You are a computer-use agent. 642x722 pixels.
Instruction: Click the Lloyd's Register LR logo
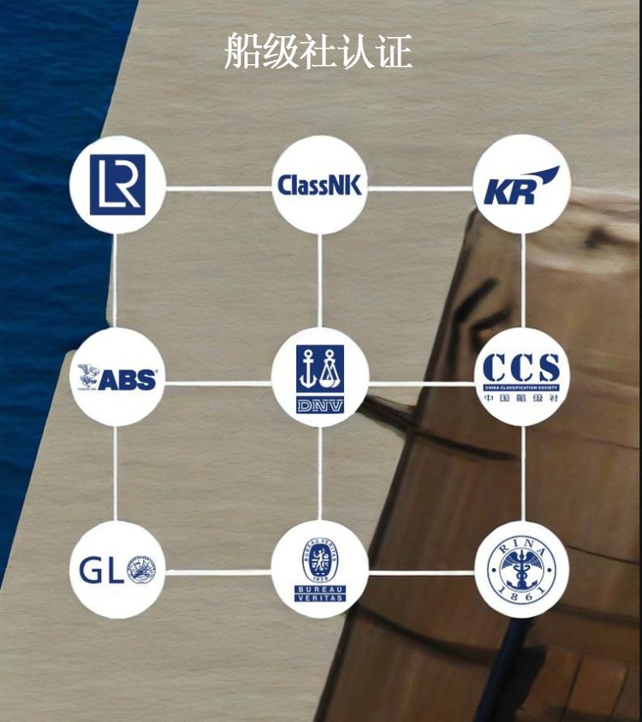click(x=117, y=185)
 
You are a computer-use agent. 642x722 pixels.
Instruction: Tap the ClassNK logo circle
click(x=320, y=185)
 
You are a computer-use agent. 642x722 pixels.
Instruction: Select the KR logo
click(x=521, y=185)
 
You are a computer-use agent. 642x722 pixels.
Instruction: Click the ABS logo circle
click(x=117, y=377)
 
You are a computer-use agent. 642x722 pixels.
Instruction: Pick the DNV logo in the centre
click(x=320, y=377)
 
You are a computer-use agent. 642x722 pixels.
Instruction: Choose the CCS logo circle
click(x=521, y=377)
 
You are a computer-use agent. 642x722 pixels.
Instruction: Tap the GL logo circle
click(x=117, y=570)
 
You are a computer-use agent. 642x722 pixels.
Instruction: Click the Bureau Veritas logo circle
click(x=320, y=570)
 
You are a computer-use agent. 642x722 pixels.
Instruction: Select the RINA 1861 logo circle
click(x=521, y=570)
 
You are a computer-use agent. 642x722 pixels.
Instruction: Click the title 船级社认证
click(x=318, y=51)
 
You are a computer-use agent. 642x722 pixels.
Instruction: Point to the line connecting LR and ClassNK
click(x=218, y=187)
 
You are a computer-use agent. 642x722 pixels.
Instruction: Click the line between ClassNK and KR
click(x=420, y=187)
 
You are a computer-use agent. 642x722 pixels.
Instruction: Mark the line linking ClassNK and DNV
click(x=320, y=281)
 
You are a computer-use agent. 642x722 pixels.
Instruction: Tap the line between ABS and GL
click(x=116, y=473)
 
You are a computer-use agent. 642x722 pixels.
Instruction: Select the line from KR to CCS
click(x=522, y=281)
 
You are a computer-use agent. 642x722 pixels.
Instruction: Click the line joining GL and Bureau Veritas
click(x=218, y=571)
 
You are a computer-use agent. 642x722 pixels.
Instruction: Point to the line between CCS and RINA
click(x=522, y=473)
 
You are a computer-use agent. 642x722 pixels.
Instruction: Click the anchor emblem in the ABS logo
click(x=88, y=375)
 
